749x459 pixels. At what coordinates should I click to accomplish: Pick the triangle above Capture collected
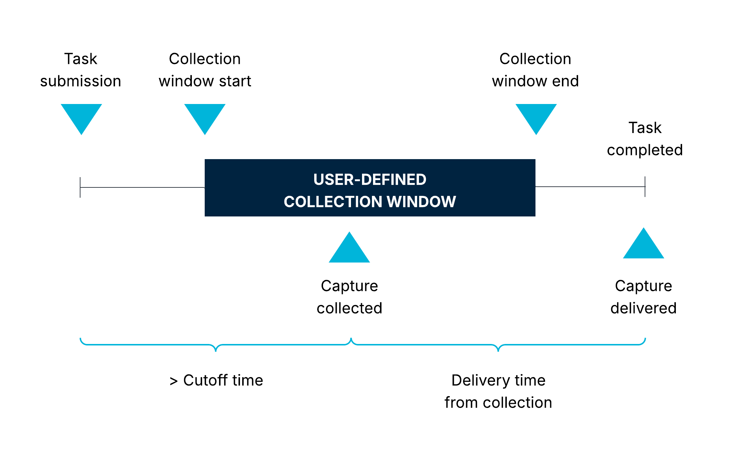point(349,250)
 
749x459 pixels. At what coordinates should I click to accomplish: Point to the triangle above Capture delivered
point(644,246)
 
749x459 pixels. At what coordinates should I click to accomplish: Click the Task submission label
point(80,70)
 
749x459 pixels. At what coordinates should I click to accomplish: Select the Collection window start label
point(205,70)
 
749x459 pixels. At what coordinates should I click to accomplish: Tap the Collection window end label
point(535,70)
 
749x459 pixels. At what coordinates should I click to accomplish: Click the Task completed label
point(645,139)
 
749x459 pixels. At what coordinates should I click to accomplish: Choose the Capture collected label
point(349,297)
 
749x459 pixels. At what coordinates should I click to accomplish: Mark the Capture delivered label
point(644,297)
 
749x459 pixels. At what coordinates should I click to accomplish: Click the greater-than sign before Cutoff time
point(173,381)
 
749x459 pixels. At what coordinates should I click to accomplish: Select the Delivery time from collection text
point(498,391)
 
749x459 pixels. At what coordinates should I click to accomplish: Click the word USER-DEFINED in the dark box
point(370,180)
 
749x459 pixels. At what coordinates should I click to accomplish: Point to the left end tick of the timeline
point(80,187)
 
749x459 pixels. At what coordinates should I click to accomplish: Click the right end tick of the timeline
point(645,187)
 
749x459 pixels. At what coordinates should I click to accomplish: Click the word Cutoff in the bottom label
point(207,380)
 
